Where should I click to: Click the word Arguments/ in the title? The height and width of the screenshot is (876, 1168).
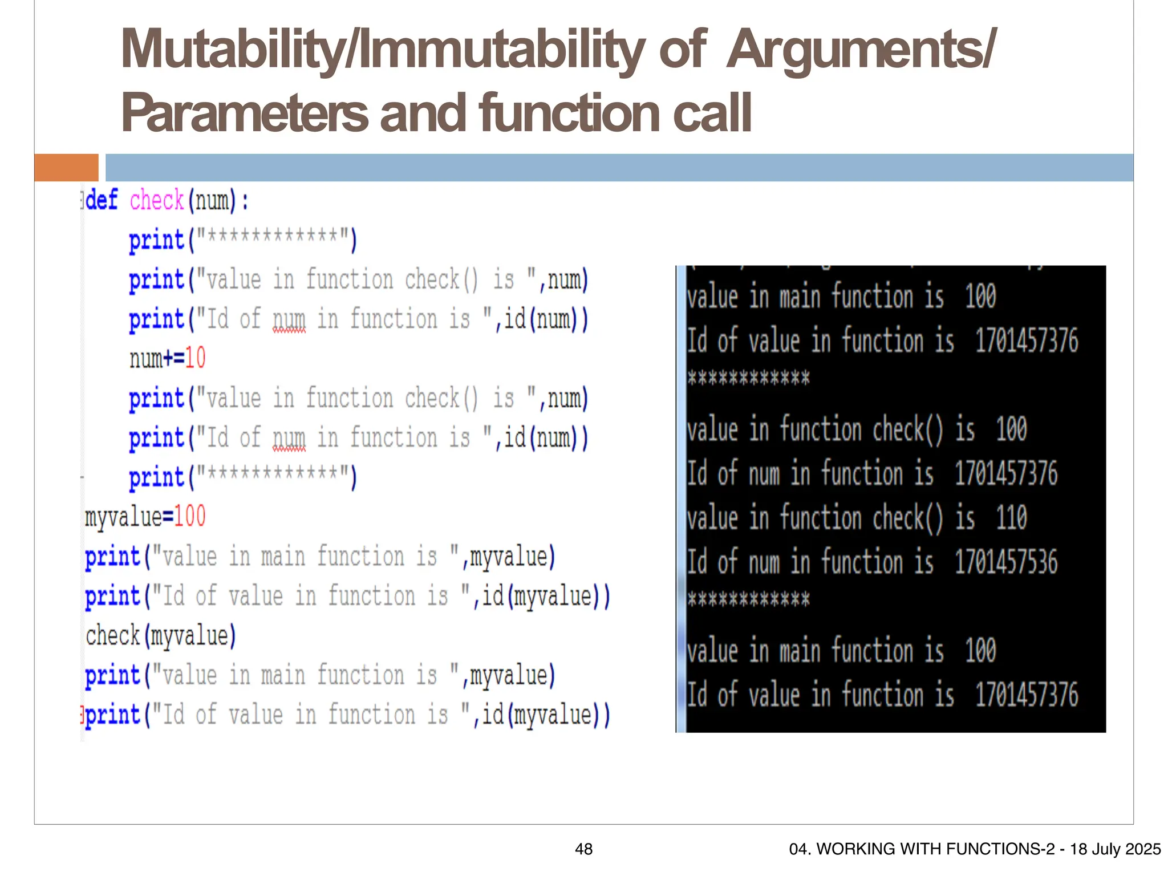(x=861, y=50)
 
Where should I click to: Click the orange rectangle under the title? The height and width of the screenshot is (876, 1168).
(x=66, y=168)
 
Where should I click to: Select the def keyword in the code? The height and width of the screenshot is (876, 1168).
(x=102, y=201)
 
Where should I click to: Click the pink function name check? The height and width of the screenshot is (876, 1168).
(x=156, y=201)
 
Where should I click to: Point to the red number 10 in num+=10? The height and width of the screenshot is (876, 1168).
(x=195, y=358)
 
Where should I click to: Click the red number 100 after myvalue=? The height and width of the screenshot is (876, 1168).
(x=189, y=516)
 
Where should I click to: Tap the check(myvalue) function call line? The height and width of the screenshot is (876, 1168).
(x=160, y=635)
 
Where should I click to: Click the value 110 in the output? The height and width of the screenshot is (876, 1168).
(x=1011, y=518)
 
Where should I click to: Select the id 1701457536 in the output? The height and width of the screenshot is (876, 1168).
(x=1006, y=562)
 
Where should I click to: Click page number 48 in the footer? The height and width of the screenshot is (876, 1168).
(x=583, y=849)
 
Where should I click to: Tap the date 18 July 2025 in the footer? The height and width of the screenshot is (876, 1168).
(x=1115, y=849)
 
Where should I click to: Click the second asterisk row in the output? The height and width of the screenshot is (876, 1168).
(x=748, y=599)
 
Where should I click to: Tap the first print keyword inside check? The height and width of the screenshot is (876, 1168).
(x=156, y=240)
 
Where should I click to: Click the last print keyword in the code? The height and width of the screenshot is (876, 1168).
(x=113, y=715)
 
